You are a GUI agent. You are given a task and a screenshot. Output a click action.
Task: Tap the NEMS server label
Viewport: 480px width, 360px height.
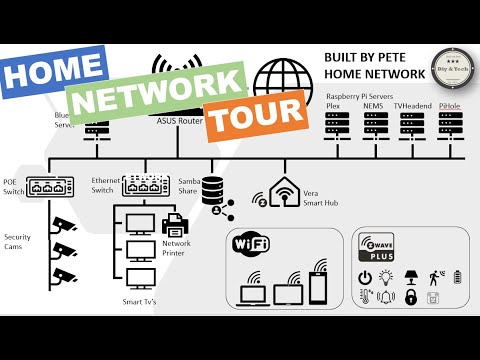coord(374,104)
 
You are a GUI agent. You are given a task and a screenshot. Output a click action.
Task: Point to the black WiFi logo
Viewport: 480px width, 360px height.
coord(252,243)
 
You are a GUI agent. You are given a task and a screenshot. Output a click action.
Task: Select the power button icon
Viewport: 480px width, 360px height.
coord(365,276)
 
